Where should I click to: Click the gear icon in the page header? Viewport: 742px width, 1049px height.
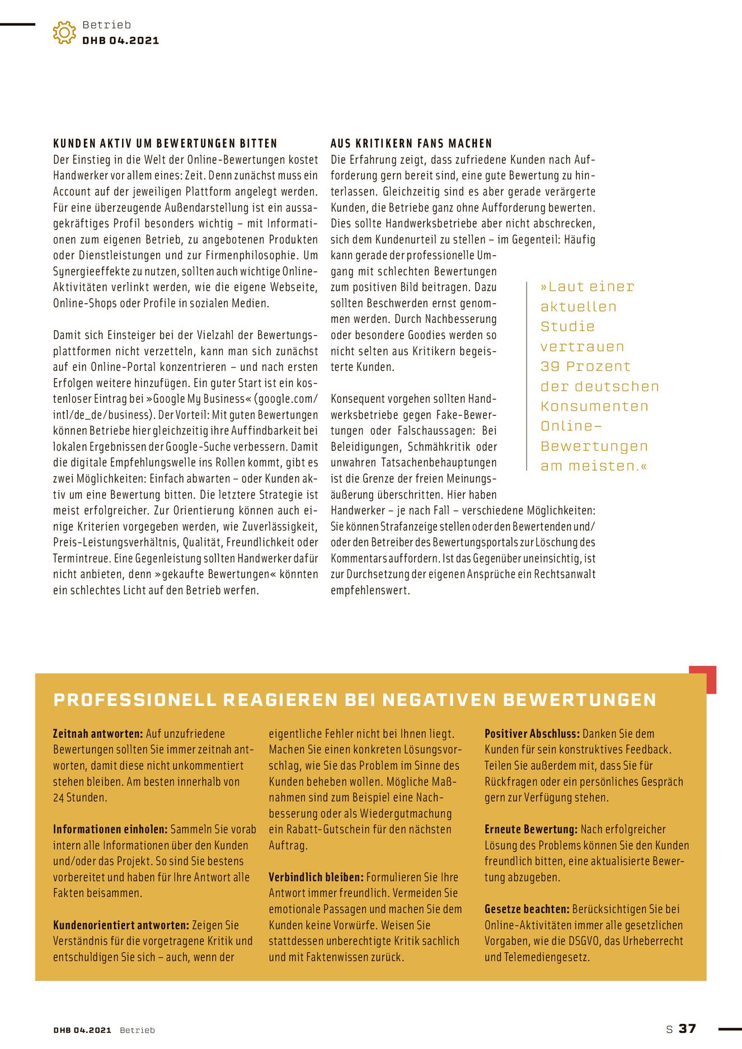tap(64, 32)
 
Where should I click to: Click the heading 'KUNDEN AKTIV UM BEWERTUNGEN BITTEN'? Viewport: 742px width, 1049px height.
tap(165, 144)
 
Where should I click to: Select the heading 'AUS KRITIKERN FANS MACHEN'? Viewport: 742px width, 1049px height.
tap(411, 144)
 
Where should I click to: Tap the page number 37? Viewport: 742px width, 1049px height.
tap(687, 1029)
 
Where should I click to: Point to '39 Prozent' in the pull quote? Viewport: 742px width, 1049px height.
tap(585, 366)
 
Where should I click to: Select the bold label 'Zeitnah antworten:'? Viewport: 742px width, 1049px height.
tap(98, 733)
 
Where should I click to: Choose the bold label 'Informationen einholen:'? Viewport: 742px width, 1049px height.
tap(110, 829)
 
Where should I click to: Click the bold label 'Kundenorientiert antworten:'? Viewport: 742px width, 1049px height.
tap(121, 925)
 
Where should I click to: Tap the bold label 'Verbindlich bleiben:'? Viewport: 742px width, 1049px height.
tap(316, 877)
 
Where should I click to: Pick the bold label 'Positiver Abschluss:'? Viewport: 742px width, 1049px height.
tap(532, 733)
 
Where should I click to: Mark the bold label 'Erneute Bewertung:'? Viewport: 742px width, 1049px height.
tap(531, 829)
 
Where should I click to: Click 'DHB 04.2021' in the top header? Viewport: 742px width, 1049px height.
tap(120, 40)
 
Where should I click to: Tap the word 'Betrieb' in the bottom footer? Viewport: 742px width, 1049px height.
tap(137, 1030)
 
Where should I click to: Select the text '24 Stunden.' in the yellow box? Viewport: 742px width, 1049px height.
tap(80, 797)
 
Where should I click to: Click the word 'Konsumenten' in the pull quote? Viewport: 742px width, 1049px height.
tap(594, 406)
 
